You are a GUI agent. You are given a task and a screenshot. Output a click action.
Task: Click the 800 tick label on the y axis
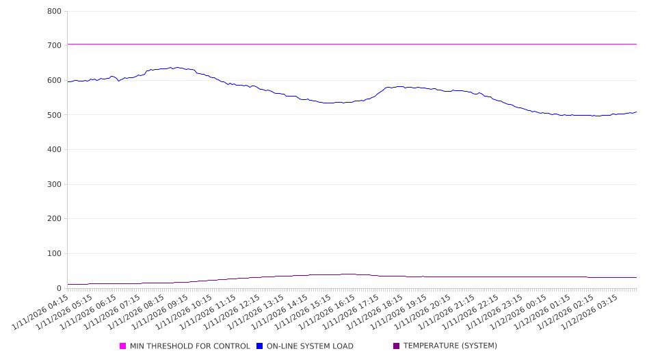click(55, 12)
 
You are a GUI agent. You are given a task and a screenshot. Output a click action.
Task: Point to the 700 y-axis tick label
click(55, 46)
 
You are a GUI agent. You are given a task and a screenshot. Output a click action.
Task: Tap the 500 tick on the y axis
click(55, 115)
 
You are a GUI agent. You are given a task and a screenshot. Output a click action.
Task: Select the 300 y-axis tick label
click(55, 185)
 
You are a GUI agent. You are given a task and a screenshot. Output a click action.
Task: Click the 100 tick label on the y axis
click(55, 254)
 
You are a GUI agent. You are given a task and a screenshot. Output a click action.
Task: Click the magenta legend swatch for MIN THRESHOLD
click(123, 346)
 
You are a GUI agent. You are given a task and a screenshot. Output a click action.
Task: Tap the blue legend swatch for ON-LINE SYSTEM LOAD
click(260, 346)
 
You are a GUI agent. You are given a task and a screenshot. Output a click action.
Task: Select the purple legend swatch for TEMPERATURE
click(397, 346)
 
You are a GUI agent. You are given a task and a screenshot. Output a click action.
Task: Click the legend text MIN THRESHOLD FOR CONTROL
click(189, 346)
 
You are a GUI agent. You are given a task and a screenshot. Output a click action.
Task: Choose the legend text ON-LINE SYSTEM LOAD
click(310, 346)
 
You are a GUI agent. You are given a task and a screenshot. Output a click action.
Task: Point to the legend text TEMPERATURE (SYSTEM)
click(450, 346)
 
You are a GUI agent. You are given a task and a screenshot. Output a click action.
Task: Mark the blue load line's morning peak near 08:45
click(176, 68)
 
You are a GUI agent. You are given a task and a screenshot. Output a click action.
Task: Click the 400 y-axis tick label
click(55, 150)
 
